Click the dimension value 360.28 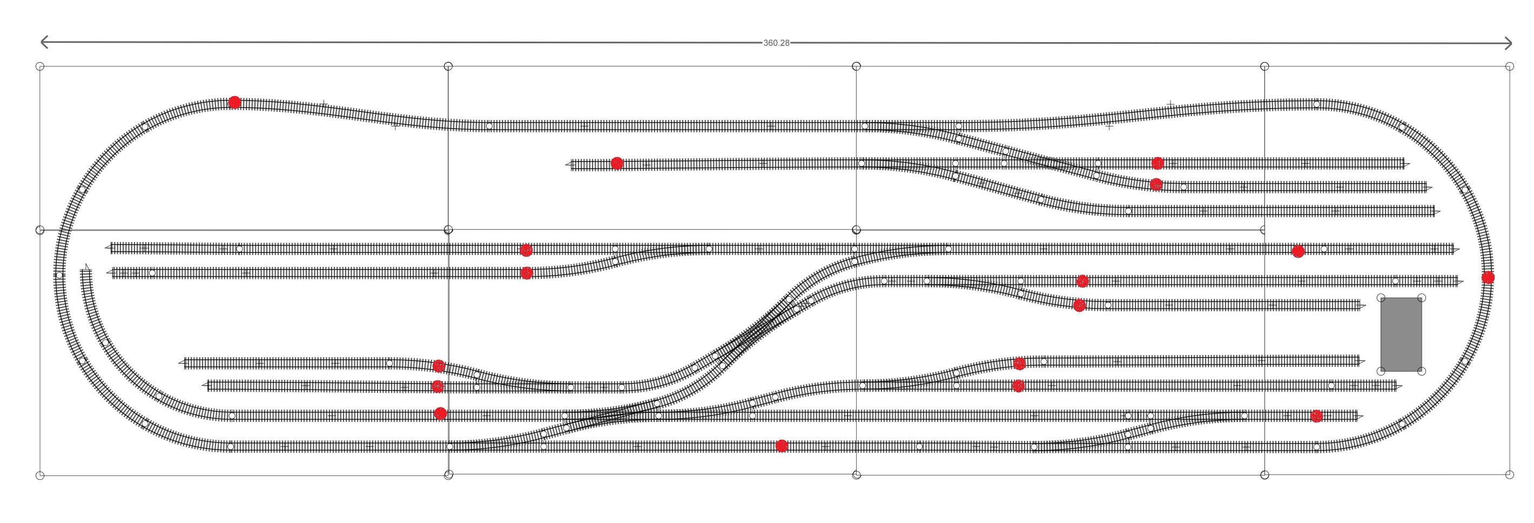click(776, 43)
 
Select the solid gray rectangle click(1401, 334)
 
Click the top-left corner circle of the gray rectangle click(1381, 298)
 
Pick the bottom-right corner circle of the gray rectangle click(1422, 372)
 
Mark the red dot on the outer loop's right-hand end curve click(1488, 278)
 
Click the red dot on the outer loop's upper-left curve click(234, 103)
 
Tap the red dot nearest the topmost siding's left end click(617, 163)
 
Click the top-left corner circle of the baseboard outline click(40, 66)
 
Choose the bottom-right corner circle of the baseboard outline click(1509, 475)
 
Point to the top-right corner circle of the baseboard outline click(1509, 66)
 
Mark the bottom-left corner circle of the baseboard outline click(40, 475)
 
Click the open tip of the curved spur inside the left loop click(87, 267)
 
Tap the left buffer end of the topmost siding click(568, 164)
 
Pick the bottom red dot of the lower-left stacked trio click(440, 413)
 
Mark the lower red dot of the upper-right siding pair click(1156, 185)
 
